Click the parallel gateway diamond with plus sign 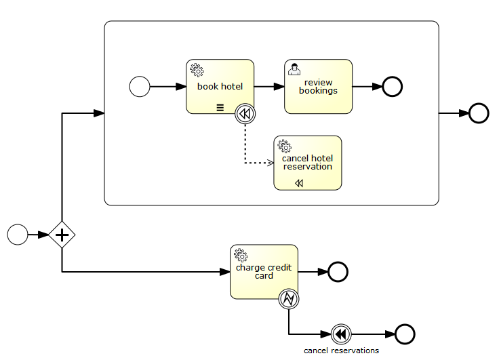[62, 235]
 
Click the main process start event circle [18, 235]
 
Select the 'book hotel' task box [220, 87]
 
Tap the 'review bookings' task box [318, 87]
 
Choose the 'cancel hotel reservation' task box [307, 163]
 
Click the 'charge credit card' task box [264, 271]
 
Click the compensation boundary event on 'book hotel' [245, 114]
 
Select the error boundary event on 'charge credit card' [289, 298]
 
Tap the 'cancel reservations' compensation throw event [342, 334]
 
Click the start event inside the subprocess [140, 87]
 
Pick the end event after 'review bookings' [393, 87]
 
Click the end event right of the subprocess [479, 113]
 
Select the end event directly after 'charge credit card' [338, 272]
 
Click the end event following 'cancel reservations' [405, 334]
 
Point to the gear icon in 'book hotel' [197, 69]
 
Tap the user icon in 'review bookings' [294, 69]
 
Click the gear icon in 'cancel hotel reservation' [284, 146]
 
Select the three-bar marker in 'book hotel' [220, 107]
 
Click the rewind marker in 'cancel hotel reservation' [299, 183]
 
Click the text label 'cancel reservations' [341, 351]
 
